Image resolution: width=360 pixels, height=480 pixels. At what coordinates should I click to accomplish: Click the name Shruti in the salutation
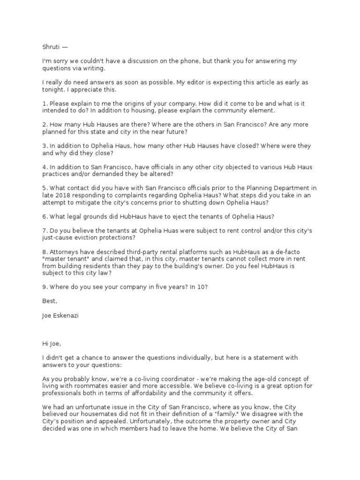(51, 47)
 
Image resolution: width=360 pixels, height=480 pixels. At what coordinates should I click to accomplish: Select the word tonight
(53, 89)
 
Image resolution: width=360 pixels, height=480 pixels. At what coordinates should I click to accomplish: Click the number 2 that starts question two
(44, 124)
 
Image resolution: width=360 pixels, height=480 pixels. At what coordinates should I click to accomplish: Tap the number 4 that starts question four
(44, 167)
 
